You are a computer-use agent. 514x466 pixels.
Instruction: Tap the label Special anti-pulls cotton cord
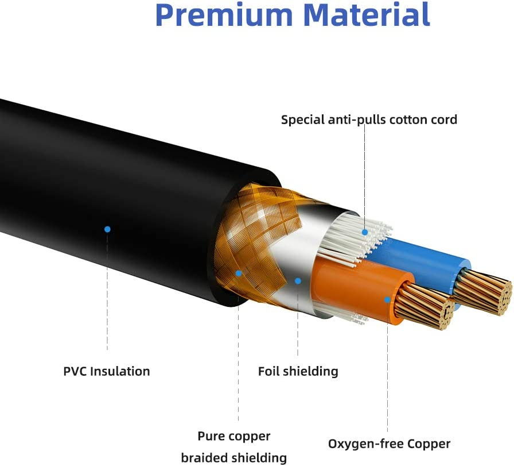pos(369,120)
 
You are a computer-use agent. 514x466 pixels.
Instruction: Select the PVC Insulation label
pos(107,371)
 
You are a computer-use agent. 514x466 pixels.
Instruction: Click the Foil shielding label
pos(298,371)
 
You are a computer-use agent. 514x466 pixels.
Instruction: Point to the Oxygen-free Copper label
pos(389,444)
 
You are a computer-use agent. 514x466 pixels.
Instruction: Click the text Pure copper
pos(233,436)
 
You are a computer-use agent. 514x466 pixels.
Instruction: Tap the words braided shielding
pos(233,458)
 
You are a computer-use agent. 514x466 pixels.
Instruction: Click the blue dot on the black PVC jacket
pos(107,229)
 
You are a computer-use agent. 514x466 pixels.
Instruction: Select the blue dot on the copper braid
pos(239,274)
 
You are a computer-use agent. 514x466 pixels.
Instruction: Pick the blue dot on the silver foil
pos(298,281)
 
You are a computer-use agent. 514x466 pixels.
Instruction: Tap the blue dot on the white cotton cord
pos(365,232)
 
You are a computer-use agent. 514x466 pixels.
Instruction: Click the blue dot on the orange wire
pos(388,299)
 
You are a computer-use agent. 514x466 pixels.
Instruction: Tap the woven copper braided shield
pos(252,230)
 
